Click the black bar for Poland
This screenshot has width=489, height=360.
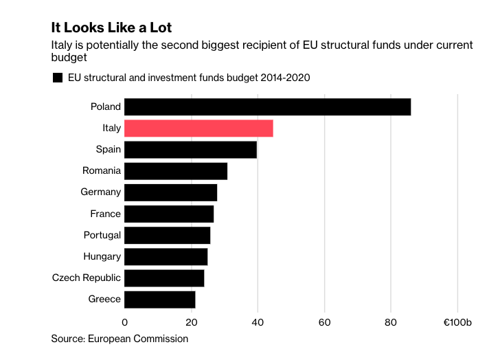coord(268,107)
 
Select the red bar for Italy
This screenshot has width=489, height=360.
coord(199,128)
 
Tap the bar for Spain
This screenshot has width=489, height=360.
coord(191,150)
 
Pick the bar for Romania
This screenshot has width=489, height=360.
coord(176,171)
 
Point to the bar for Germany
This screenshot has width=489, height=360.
coord(171,192)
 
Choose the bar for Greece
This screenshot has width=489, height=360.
coord(160,300)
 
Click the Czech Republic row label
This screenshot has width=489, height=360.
coord(87,278)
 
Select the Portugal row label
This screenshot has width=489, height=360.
coord(102,235)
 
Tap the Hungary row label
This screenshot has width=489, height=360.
coord(102,256)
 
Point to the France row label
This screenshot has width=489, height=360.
coord(105,214)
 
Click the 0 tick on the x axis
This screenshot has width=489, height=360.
coord(125,322)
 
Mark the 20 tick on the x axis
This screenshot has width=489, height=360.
coord(191,322)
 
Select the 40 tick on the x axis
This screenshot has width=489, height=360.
coord(258,322)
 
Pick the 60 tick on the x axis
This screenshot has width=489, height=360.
coord(324,322)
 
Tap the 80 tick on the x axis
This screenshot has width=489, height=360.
coord(391,322)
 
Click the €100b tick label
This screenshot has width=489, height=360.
coord(457,322)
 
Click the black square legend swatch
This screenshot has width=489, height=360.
coord(58,78)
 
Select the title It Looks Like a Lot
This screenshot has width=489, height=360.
coord(111,28)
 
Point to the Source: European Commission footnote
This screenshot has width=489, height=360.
coord(120,339)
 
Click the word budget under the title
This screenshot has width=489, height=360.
coord(69,58)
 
